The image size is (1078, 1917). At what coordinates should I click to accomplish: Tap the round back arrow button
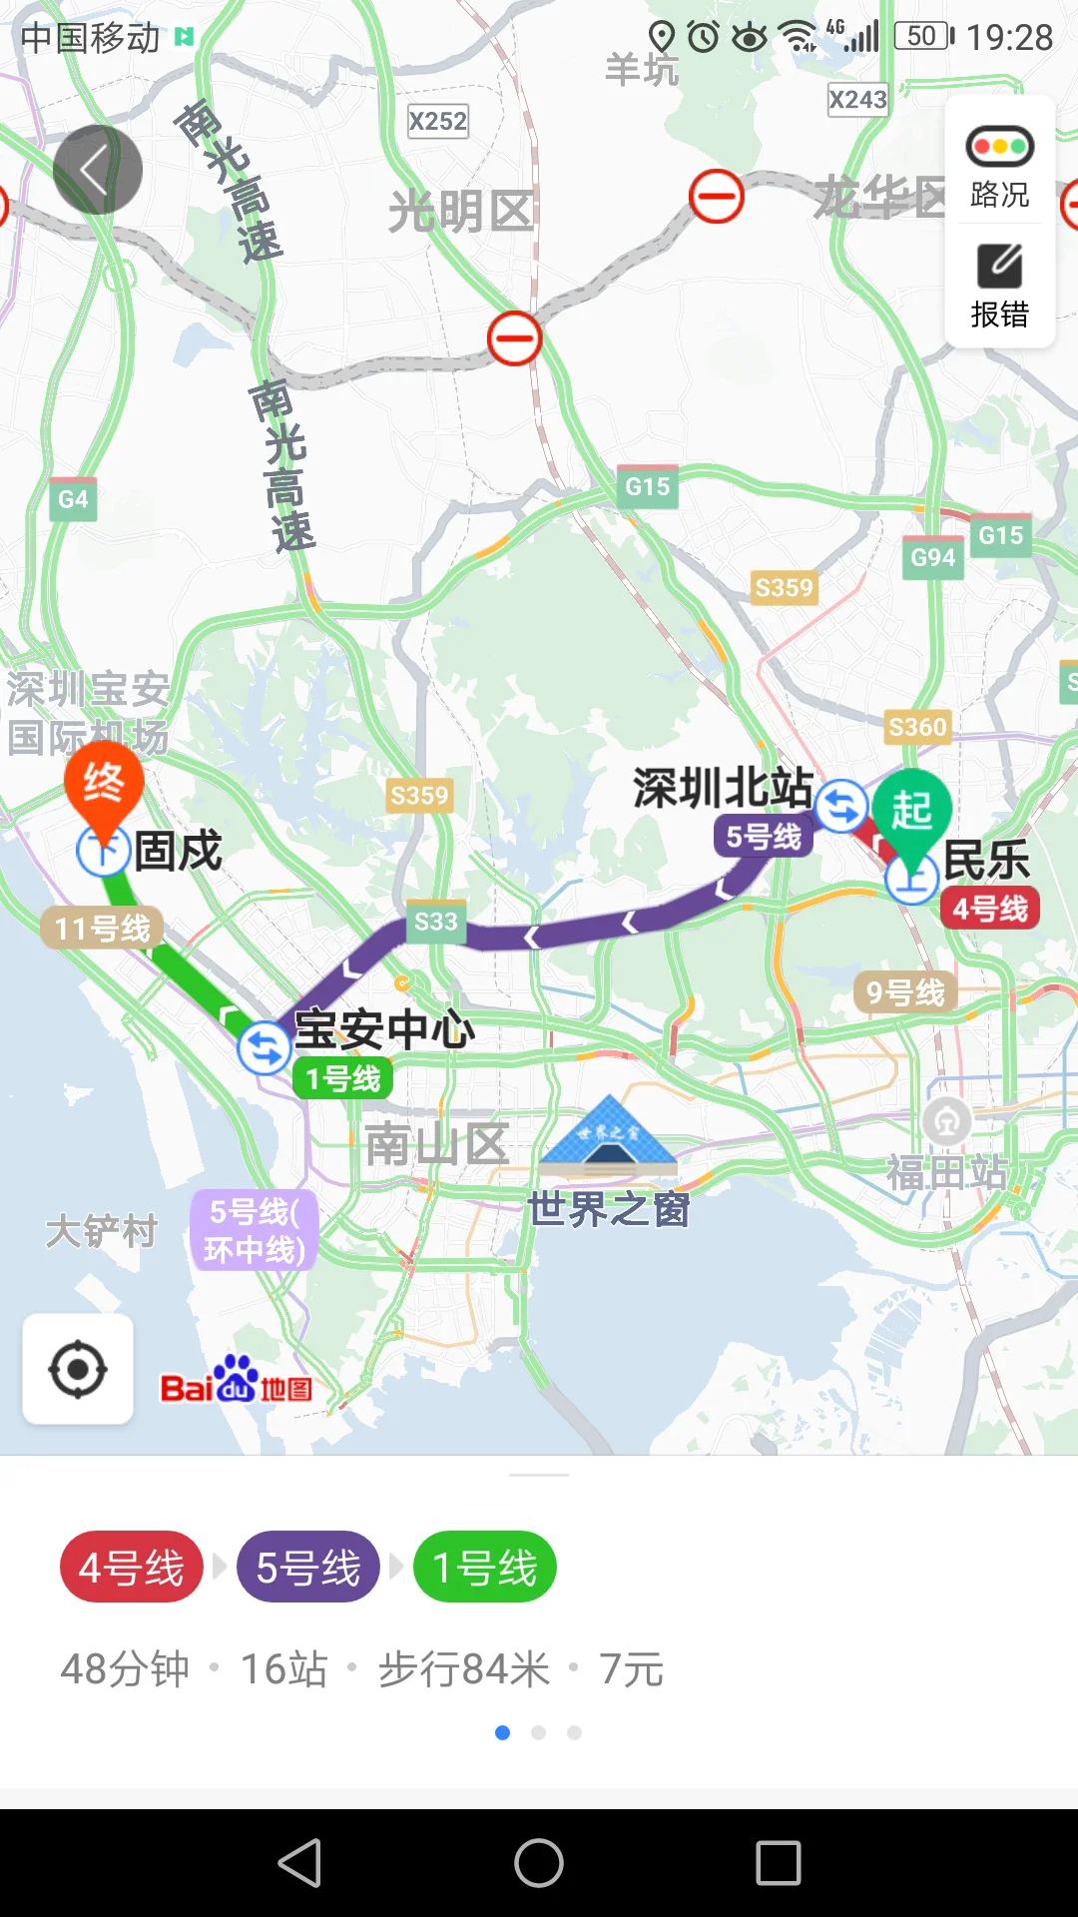click(97, 170)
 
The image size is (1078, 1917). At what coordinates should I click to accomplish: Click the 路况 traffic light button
click(999, 166)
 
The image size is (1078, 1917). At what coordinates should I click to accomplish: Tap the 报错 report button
click(999, 287)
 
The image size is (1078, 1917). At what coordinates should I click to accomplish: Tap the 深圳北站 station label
click(723, 788)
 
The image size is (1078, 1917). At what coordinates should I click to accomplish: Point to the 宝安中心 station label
click(384, 1029)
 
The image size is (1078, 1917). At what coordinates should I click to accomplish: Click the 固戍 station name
click(178, 851)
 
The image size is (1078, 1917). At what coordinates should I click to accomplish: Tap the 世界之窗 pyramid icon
click(609, 1135)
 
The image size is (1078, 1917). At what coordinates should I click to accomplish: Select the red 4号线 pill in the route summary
click(132, 1567)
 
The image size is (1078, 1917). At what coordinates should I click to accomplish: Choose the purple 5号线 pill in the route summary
click(308, 1567)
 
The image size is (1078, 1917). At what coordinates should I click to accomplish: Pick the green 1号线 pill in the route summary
click(485, 1567)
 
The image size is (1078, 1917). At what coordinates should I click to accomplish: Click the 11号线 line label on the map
click(102, 929)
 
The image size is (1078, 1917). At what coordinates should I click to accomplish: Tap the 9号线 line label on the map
click(905, 991)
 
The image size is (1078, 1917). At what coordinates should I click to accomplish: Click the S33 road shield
click(436, 922)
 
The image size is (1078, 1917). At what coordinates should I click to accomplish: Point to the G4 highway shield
click(73, 499)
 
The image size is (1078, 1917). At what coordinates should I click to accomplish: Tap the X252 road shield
click(438, 122)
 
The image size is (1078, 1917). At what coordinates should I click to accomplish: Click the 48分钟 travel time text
click(125, 1669)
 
